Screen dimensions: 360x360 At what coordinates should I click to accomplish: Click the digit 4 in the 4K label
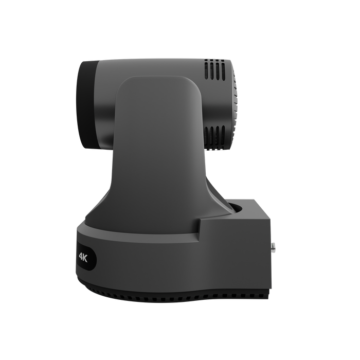click(x=81, y=256)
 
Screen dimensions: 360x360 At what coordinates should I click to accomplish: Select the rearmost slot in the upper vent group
click(x=223, y=70)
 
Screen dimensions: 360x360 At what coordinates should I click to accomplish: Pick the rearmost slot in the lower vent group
click(x=223, y=137)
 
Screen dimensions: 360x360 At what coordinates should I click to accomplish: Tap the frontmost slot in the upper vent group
click(x=206, y=69)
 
